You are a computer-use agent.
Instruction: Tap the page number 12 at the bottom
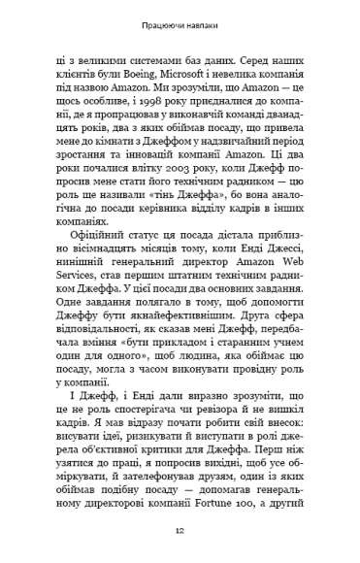(x=180, y=531)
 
